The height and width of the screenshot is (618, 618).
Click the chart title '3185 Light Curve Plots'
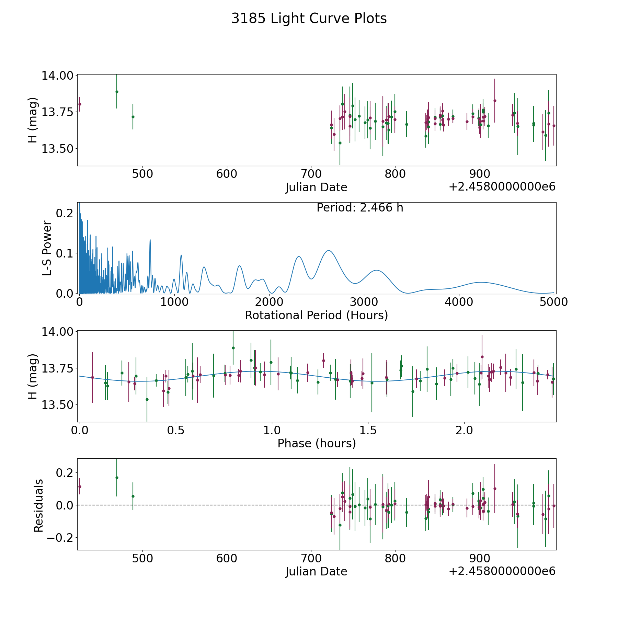(309, 19)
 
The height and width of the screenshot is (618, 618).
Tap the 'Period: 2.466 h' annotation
(360, 208)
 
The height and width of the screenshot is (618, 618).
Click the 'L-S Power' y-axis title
(47, 248)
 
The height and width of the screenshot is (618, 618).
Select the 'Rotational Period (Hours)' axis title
(316, 315)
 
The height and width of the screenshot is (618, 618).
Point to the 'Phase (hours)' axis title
(317, 443)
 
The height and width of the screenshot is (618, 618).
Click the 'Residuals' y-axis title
(38, 505)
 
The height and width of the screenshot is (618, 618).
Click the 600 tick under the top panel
(227, 174)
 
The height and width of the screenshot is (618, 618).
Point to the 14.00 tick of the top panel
(57, 76)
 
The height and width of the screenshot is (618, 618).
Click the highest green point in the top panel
(117, 92)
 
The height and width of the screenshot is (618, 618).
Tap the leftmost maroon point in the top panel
(80, 104)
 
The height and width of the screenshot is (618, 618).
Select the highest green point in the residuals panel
(117, 478)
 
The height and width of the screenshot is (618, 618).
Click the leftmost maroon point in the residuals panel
(80, 487)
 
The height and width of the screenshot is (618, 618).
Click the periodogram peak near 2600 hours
(329, 251)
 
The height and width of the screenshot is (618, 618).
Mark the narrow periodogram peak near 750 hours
(150, 240)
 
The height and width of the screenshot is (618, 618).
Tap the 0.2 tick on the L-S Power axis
(65, 213)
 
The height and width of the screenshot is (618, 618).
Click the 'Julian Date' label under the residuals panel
(316, 572)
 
